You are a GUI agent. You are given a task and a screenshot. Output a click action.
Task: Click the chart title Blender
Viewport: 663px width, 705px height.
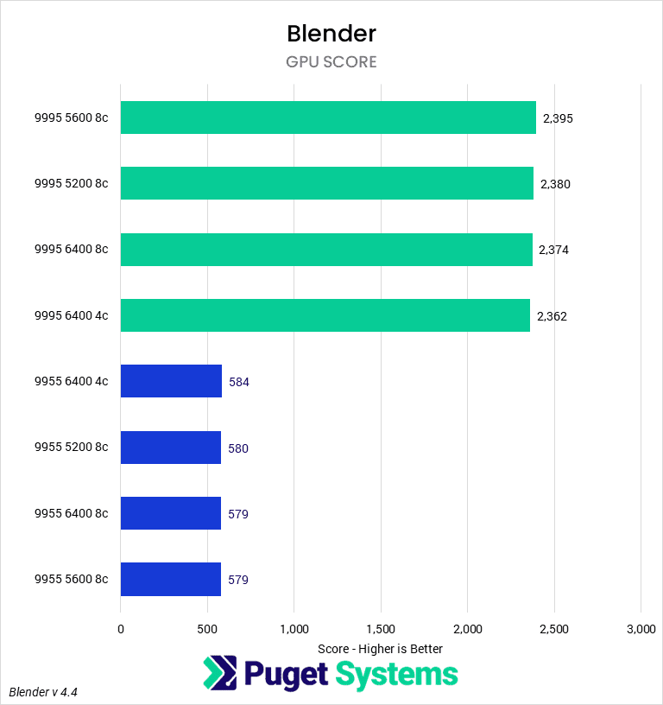click(x=331, y=34)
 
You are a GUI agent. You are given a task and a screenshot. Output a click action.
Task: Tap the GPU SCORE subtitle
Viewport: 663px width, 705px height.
click(x=331, y=62)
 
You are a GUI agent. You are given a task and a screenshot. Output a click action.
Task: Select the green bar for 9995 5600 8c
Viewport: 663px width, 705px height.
click(x=328, y=117)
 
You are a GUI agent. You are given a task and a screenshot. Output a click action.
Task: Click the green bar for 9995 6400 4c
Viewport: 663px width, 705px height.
click(x=325, y=315)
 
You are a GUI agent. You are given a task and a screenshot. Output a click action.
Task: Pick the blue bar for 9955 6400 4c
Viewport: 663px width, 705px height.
click(x=171, y=381)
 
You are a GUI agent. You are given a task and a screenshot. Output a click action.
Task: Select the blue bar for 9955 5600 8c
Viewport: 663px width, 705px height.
click(x=170, y=579)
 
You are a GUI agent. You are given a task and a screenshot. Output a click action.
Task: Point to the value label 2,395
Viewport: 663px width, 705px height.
click(x=557, y=118)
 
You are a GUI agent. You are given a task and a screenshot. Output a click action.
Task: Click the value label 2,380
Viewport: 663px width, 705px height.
click(x=555, y=184)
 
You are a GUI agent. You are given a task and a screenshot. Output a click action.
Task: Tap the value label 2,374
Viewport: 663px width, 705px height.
click(x=553, y=250)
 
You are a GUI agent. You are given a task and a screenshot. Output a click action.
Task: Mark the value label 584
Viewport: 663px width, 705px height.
click(x=238, y=382)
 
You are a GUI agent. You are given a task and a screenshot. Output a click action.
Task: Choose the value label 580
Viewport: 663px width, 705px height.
click(x=238, y=448)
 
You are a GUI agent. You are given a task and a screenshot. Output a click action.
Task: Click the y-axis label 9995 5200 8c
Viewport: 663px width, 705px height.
click(x=71, y=184)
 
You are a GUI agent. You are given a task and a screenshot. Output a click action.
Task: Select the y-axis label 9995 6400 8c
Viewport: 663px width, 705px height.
click(x=71, y=250)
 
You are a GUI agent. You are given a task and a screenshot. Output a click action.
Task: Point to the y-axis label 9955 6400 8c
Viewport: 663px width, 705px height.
click(x=71, y=514)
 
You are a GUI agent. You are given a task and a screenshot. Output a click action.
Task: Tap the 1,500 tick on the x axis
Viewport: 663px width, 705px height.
click(x=381, y=630)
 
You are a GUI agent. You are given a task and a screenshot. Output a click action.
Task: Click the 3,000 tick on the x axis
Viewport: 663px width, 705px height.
click(x=641, y=630)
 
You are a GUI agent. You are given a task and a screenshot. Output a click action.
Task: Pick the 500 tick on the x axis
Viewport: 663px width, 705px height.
click(x=207, y=630)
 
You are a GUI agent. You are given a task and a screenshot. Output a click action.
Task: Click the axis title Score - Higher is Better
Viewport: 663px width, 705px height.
click(x=380, y=649)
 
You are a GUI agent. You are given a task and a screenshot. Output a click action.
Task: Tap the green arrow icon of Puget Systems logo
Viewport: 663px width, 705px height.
click(x=219, y=674)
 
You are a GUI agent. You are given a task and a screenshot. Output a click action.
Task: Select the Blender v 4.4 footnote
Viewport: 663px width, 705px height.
click(x=49, y=692)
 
